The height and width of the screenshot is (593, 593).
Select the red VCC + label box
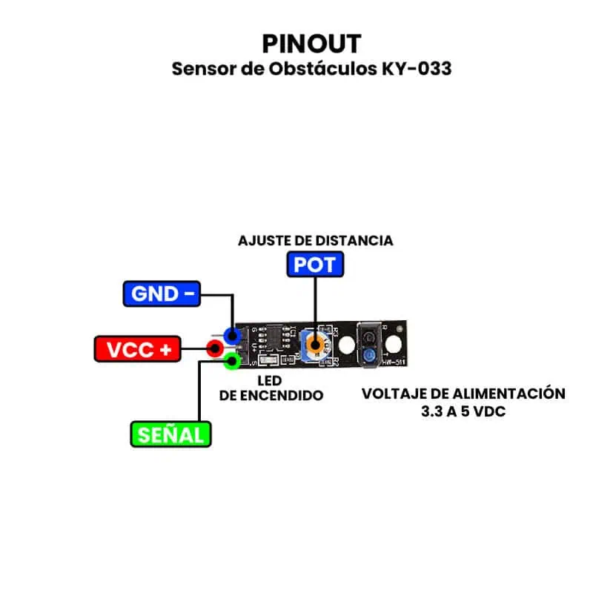point(138,348)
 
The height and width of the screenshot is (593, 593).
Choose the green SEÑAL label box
point(170,434)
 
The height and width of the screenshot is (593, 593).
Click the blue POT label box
point(315,265)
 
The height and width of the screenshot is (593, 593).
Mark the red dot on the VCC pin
point(215,348)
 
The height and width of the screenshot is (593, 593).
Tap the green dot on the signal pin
point(233,362)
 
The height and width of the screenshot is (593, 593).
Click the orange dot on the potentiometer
point(318,345)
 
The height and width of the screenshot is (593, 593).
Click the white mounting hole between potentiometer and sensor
point(345,345)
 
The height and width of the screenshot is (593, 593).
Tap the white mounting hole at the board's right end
point(394,342)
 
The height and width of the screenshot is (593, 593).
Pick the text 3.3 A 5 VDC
point(463,411)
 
